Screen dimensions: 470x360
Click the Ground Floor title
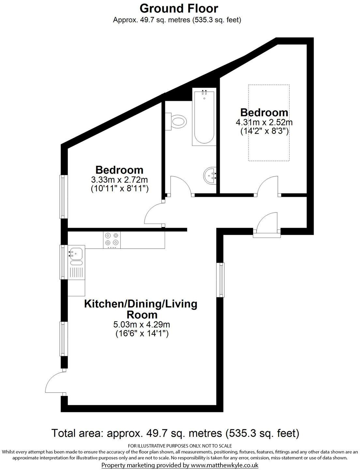pyautogui.click(x=179, y=8)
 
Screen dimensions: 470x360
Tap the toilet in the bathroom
pyautogui.click(x=178, y=122)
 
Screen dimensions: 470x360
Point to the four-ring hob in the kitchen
pyautogui.click(x=112, y=239)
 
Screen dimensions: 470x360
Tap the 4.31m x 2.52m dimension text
pyautogui.click(x=264, y=123)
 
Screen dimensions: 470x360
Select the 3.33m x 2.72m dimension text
pyautogui.click(x=119, y=180)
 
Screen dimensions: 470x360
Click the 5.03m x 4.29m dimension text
pyautogui.click(x=142, y=325)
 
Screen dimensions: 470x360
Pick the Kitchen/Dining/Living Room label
pyautogui.click(x=141, y=309)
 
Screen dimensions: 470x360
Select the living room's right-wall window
pyautogui.click(x=221, y=280)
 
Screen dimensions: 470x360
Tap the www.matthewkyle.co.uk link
pyautogui.click(x=224, y=465)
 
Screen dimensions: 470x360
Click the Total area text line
pyautogui.click(x=175, y=433)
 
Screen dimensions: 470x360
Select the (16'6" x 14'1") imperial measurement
pyautogui.click(x=142, y=334)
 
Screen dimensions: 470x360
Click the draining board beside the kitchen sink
pyautogui.click(x=77, y=272)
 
